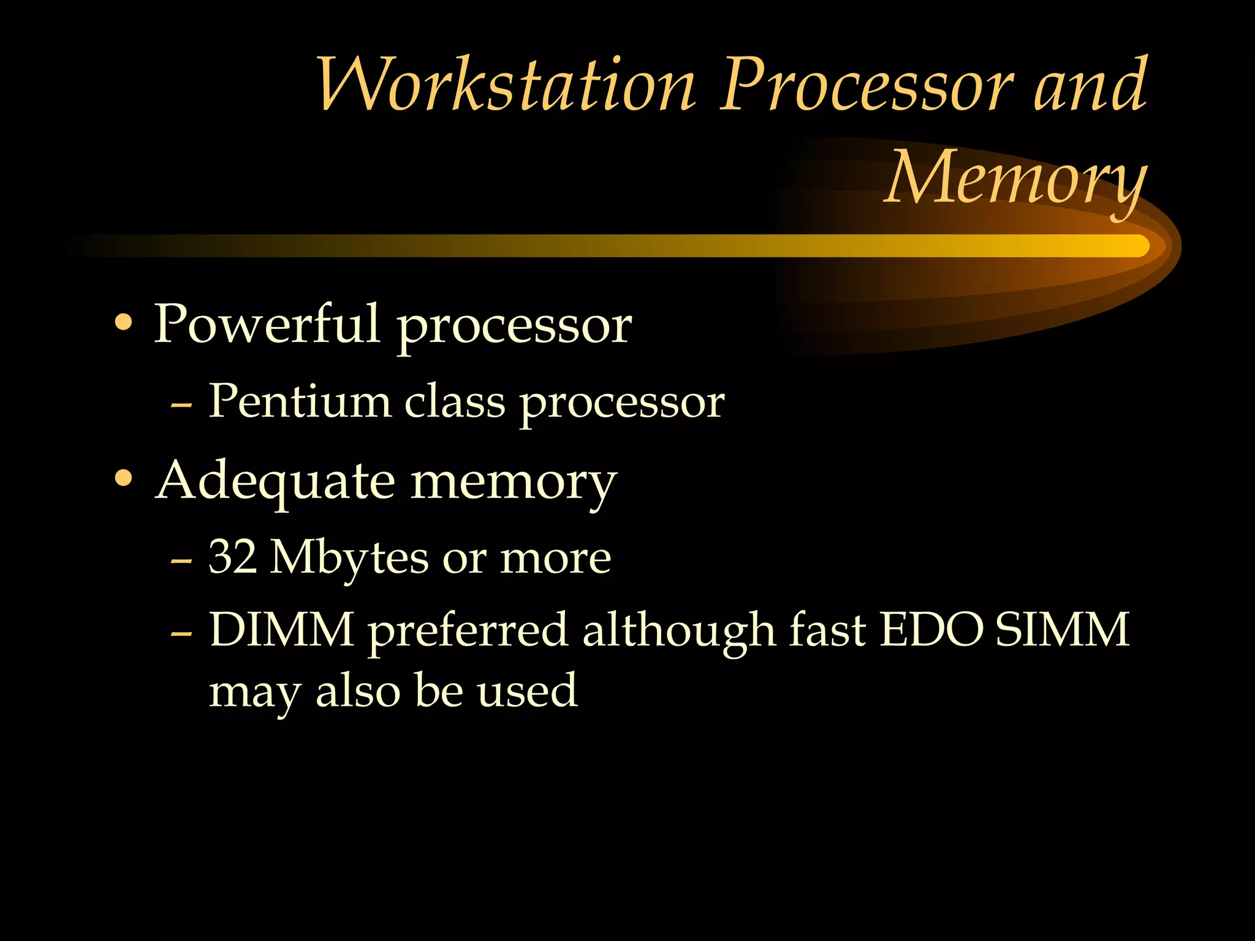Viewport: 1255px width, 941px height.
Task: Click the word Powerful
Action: (267, 324)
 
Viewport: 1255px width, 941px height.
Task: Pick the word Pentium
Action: (300, 401)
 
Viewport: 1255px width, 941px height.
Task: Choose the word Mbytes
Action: (349, 559)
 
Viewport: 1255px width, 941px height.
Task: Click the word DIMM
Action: (281, 629)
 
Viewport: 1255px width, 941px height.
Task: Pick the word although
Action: (678, 630)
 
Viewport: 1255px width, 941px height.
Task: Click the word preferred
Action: (468, 632)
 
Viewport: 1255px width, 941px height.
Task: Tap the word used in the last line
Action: (527, 690)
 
